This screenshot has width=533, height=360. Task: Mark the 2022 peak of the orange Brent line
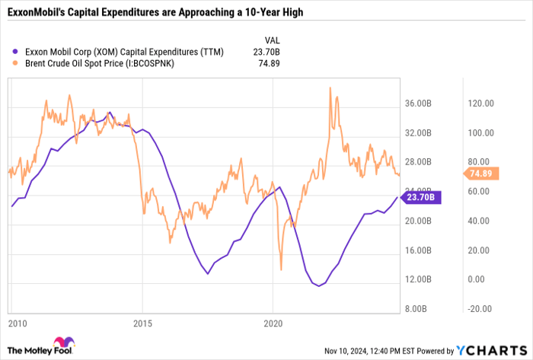click(x=330, y=88)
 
